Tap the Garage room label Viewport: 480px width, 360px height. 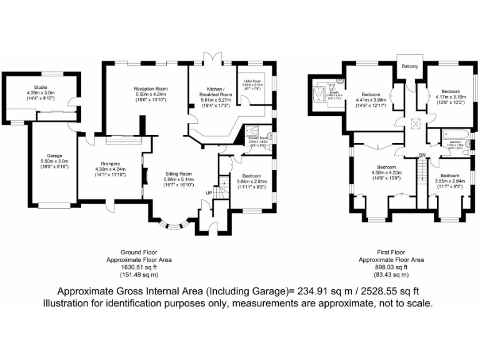pyautogui.click(x=54, y=156)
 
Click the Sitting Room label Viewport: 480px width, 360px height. pyautogui.click(x=179, y=174)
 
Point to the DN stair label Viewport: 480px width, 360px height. pyautogui.click(x=422, y=156)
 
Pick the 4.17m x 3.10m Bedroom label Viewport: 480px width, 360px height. pyautogui.click(x=450, y=91)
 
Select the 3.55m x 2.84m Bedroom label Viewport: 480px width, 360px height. pyautogui.click(x=450, y=176)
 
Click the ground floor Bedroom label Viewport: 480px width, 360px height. pyautogui.click(x=251, y=177)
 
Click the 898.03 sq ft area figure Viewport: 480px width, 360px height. pyautogui.click(x=391, y=266)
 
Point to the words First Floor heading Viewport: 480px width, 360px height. pyautogui.click(x=391, y=251)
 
